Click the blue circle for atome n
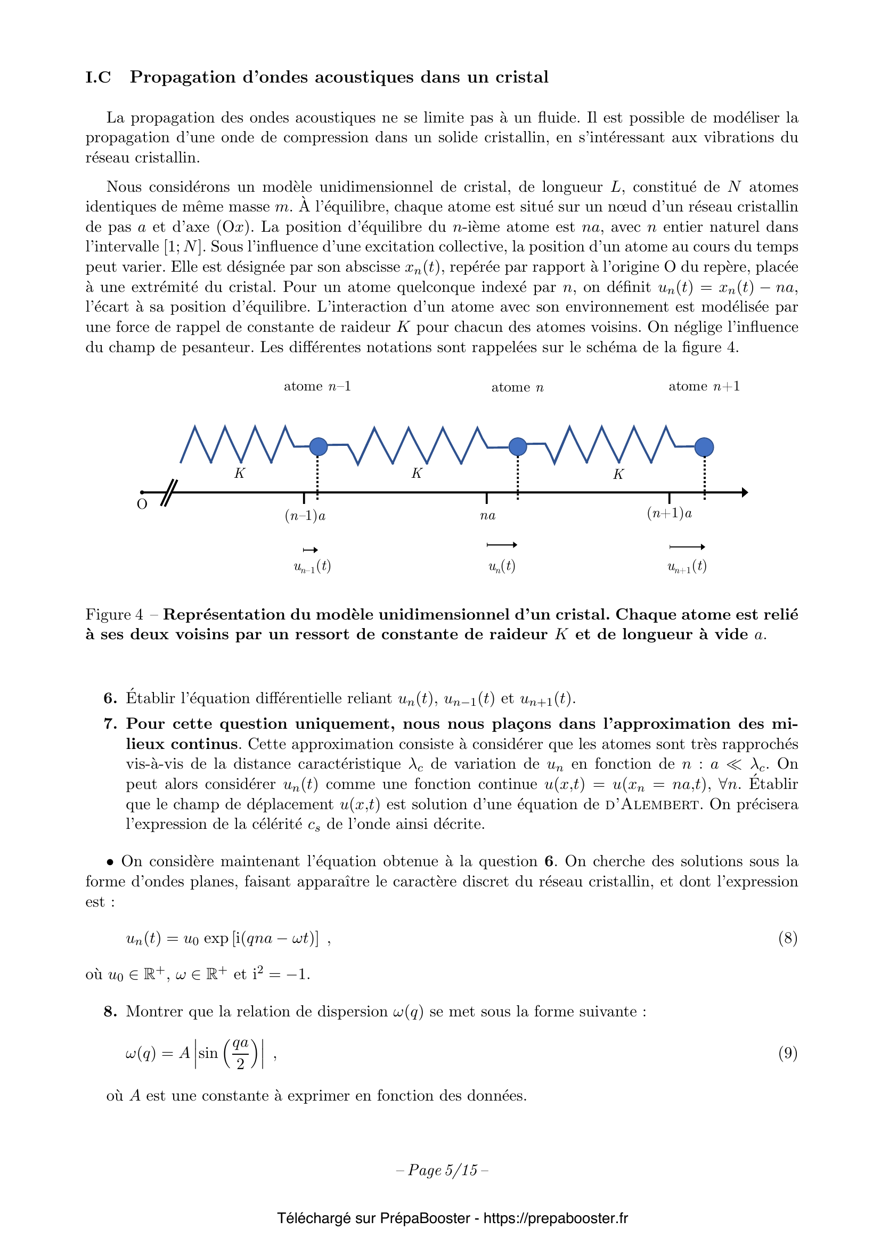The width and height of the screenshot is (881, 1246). tap(518, 446)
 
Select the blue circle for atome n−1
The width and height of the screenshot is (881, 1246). tap(319, 446)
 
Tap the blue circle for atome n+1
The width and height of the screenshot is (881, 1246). tap(704, 447)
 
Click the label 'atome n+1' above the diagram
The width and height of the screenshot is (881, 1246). tap(704, 386)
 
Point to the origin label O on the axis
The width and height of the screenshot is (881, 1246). tap(142, 504)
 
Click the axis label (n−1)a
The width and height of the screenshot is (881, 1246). tap(305, 516)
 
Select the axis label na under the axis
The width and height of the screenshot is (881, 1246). tap(488, 516)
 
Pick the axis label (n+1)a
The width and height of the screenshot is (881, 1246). tap(670, 514)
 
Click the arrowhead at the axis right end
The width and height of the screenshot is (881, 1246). tap(745, 493)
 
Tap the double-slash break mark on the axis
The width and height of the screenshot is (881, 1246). tap(169, 493)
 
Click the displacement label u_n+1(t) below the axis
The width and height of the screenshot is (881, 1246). tap(687, 567)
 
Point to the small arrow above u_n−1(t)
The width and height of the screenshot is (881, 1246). tap(311, 550)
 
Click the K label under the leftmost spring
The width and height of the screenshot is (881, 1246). tap(239, 473)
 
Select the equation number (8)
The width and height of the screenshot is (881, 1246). tap(788, 938)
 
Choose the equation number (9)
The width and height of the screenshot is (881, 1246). tap(788, 1053)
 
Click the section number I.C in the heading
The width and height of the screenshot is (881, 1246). tap(98, 78)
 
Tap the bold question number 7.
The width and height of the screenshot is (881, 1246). tap(110, 724)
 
